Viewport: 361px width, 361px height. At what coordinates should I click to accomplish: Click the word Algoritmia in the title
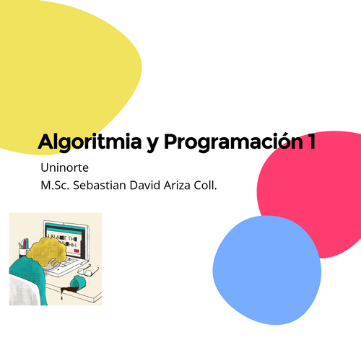[x=90, y=142]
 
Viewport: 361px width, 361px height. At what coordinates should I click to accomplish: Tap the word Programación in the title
[x=233, y=142]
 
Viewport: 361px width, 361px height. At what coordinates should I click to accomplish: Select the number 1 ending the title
[x=312, y=142]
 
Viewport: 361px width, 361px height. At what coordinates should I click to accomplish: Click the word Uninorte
[x=64, y=168]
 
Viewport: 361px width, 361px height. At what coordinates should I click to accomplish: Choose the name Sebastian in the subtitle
[x=100, y=186]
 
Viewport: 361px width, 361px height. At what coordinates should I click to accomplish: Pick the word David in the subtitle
[x=145, y=186]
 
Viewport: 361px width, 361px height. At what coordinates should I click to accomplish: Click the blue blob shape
[x=267, y=270]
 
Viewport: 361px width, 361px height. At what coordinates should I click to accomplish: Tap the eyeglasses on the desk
[x=88, y=270]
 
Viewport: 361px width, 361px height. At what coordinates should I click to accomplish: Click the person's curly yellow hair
[x=47, y=251]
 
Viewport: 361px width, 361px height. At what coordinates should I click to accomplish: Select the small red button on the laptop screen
[x=77, y=251]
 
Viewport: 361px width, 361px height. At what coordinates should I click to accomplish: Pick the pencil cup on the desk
[x=23, y=248]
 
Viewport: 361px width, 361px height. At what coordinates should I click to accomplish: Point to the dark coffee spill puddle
[x=68, y=291]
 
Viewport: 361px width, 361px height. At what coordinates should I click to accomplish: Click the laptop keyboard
[x=63, y=264]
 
